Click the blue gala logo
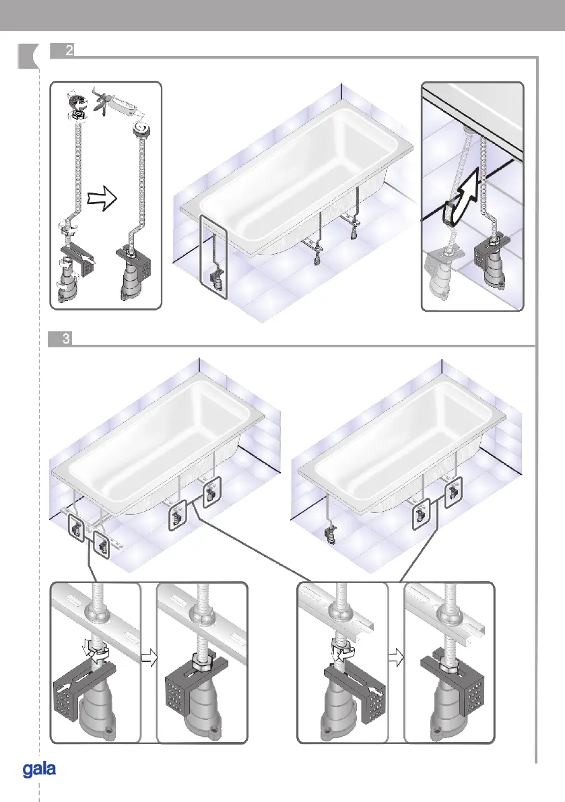(39, 769)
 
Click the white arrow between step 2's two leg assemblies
(102, 199)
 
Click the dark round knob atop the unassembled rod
(76, 101)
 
